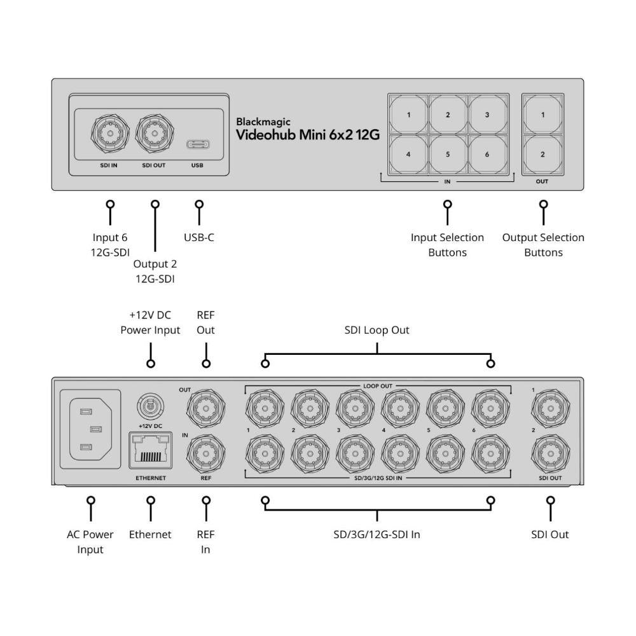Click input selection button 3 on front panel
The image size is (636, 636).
pos(487,115)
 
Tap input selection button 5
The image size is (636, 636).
pos(448,154)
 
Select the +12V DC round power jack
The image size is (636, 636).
pos(150,403)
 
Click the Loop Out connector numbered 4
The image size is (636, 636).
pos(399,405)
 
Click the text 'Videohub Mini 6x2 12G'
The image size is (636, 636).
pos(307,135)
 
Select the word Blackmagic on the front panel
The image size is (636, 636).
pos(263,121)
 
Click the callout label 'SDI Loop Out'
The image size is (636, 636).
pos(377,330)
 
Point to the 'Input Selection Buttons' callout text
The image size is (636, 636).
pos(447,245)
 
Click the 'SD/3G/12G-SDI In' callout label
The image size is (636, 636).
pos(377,534)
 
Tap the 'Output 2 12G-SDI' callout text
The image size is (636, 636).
pos(155,271)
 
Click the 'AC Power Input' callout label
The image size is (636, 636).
pos(90,542)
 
